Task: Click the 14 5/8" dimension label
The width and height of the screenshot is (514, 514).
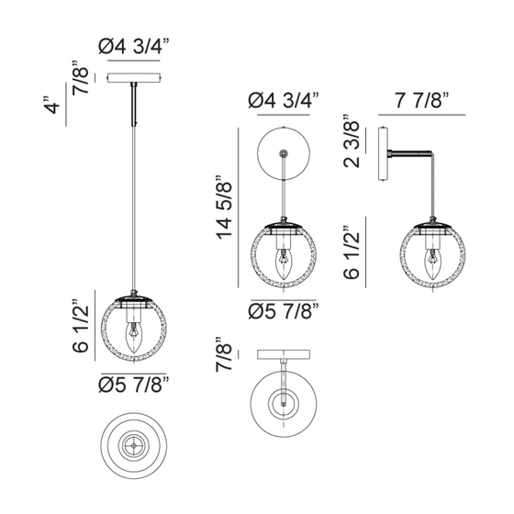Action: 224,207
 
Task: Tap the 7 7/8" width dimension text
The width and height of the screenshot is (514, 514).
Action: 421,100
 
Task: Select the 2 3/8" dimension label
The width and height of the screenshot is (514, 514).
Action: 352,141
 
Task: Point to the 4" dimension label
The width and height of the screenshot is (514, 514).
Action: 51,105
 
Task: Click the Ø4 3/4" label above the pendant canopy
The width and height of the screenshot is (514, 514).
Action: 133,47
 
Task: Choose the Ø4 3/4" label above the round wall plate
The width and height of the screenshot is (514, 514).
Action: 284,100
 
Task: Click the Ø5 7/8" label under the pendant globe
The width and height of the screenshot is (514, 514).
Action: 133,385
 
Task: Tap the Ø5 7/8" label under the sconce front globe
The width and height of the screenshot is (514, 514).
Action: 284,311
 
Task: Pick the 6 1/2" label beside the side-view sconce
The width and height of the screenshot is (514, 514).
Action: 352,252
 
